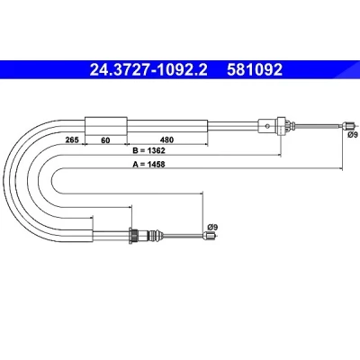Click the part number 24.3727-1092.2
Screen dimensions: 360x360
click(x=148, y=69)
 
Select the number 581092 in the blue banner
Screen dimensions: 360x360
click(x=255, y=69)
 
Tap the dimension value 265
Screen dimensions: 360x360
click(x=72, y=139)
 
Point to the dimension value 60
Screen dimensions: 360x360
click(x=105, y=139)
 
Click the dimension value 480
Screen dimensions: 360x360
click(x=166, y=139)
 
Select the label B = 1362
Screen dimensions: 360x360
click(x=148, y=150)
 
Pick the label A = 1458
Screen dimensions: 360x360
click(x=148, y=164)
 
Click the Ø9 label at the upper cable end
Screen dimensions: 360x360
click(x=353, y=135)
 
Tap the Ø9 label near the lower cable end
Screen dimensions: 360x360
click(x=212, y=227)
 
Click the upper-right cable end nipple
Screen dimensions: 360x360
click(x=348, y=125)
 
